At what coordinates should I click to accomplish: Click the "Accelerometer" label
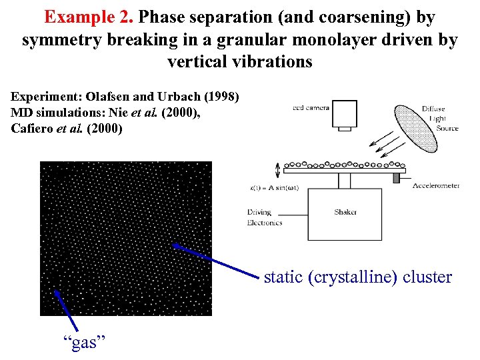pyautogui.click(x=436, y=186)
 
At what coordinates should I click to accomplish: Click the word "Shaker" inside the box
pyautogui.click(x=345, y=213)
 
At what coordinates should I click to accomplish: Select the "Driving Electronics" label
pyautogui.click(x=264, y=217)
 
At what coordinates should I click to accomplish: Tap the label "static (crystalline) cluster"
pyautogui.click(x=358, y=277)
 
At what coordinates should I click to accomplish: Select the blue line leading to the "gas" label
pyautogui.click(x=64, y=311)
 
